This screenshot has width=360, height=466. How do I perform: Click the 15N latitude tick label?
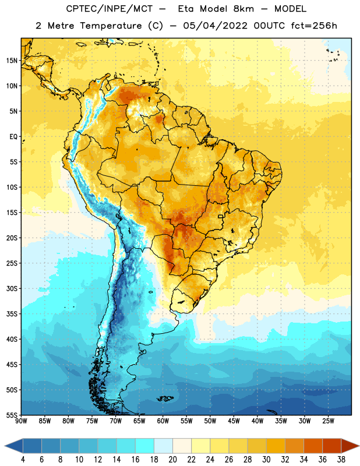pyautogui.click(x=12, y=61)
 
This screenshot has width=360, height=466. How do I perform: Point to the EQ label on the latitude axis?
pyautogui.click(x=13, y=137)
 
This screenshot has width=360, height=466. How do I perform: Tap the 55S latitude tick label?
pyautogui.click(x=12, y=415)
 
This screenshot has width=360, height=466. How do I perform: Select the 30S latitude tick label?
pyautogui.click(x=12, y=288)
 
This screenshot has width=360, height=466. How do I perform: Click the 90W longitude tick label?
pyautogui.click(x=21, y=421)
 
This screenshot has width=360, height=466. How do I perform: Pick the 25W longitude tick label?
pyautogui.click(x=328, y=421)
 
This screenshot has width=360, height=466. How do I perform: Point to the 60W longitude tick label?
pyautogui.click(x=163, y=421)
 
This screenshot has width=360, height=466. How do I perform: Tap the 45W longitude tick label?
pyautogui.click(x=234, y=421)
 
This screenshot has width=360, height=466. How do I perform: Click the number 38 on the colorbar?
pyautogui.click(x=341, y=460)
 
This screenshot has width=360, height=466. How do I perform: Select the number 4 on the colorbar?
pyautogui.click(x=23, y=460)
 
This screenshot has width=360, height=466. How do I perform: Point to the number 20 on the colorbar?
pyautogui.click(x=172, y=460)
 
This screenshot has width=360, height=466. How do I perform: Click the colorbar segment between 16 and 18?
pyautogui.click(x=144, y=446)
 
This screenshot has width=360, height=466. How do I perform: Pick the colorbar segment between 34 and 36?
pyautogui.click(x=313, y=446)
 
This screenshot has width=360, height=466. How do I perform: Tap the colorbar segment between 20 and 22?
pyautogui.click(x=182, y=446)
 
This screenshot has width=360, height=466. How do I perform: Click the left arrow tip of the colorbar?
pyautogui.click(x=5, y=446)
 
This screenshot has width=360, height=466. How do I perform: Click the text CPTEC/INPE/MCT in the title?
pyautogui.click(x=110, y=9)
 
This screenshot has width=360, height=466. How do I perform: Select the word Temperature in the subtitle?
pyautogui.click(x=111, y=26)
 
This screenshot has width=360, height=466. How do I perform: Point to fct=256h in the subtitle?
pyautogui.click(x=314, y=26)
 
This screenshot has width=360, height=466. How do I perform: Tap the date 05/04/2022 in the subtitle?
pyautogui.click(x=215, y=26)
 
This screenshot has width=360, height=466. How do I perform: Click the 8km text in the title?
pyautogui.click(x=243, y=9)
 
